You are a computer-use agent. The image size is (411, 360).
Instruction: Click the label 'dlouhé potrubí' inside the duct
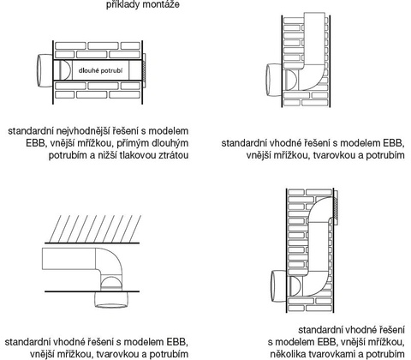pyautogui.click(x=100, y=70)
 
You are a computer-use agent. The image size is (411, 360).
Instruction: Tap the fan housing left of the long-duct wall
pyautogui.click(x=45, y=70)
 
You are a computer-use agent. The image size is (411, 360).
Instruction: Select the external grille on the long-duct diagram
pyautogui.click(x=144, y=70)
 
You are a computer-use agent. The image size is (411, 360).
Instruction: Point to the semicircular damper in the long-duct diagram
pyautogui.click(x=65, y=70)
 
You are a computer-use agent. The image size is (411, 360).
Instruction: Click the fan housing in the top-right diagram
pyautogui.click(x=274, y=80)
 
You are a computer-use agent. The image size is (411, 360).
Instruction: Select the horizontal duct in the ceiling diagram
pyautogui.click(x=68, y=259)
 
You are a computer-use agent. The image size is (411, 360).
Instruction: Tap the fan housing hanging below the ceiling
pyautogui.click(x=111, y=299)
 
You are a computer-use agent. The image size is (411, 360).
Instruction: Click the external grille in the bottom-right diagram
pyautogui.click(x=336, y=207)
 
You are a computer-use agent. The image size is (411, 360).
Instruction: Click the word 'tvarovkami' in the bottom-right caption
pyautogui.click(x=328, y=354)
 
